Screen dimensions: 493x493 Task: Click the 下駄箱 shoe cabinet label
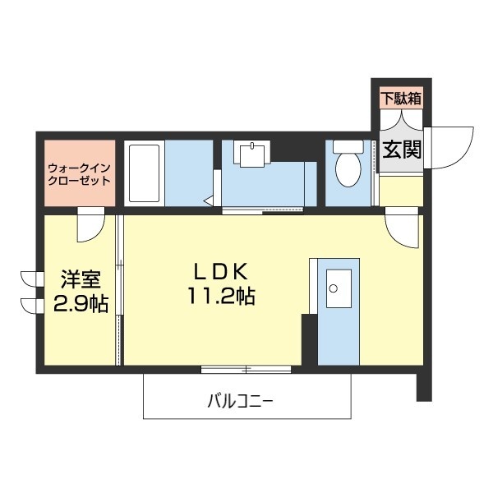pyautogui.click(x=401, y=97)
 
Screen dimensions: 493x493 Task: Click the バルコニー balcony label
pyautogui.click(x=239, y=402)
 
